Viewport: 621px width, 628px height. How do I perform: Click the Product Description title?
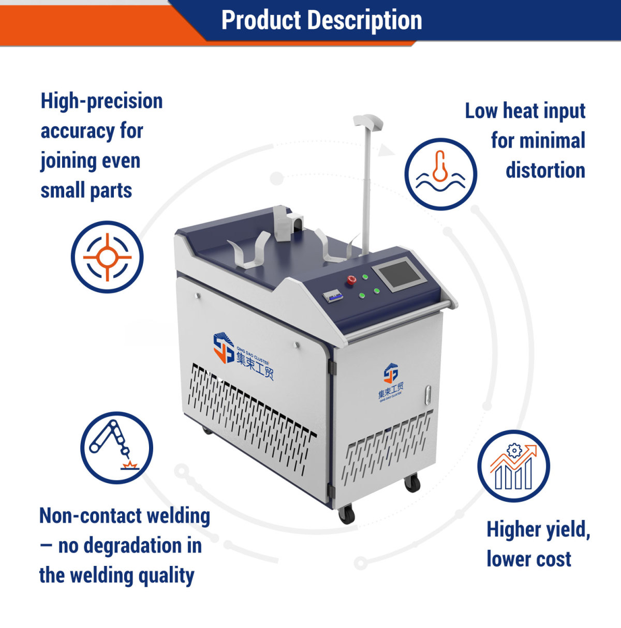(x=321, y=20)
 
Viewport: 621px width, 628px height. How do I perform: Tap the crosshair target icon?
(x=107, y=257)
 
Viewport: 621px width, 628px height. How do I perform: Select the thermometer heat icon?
(x=440, y=174)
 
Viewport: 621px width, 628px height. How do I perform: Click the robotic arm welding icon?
(x=116, y=447)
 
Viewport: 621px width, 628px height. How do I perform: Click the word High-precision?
(x=101, y=101)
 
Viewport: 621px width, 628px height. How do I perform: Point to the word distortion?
(x=545, y=170)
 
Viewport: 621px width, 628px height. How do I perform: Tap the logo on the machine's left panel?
(x=244, y=355)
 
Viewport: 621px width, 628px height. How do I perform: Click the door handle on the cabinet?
(x=427, y=396)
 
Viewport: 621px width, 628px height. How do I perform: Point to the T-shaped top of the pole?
(x=368, y=122)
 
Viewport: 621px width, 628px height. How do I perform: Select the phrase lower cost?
(x=529, y=559)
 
